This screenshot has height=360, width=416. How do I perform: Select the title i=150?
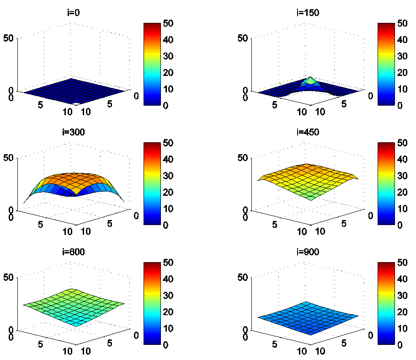pos(308,13)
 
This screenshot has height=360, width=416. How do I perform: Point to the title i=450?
pos(308,133)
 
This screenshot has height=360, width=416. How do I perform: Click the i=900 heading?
pos(308,252)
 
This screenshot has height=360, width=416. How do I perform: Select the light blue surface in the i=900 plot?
pos(307,317)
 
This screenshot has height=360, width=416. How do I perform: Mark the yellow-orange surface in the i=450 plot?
pos(307,178)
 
